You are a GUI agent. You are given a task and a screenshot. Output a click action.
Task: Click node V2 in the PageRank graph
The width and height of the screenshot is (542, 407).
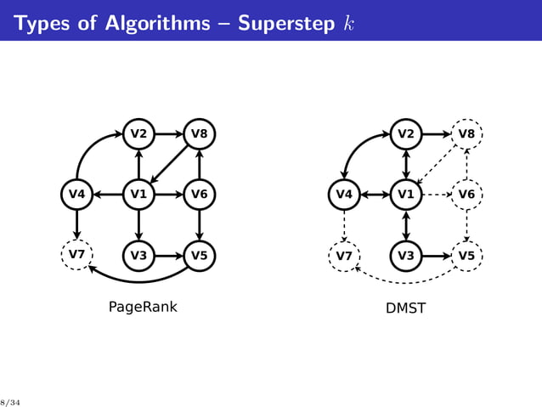tap(138, 134)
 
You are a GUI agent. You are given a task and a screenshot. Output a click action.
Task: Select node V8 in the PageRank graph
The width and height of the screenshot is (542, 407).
tap(199, 134)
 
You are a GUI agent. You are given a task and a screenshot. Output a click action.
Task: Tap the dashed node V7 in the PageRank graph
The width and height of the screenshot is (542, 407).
tap(76, 255)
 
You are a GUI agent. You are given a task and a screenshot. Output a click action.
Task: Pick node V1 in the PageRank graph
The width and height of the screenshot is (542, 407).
tap(138, 195)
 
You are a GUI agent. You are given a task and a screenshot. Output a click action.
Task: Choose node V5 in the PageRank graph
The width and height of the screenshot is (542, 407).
tap(199, 255)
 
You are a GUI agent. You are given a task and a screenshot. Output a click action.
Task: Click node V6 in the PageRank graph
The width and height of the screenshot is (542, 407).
tap(199, 195)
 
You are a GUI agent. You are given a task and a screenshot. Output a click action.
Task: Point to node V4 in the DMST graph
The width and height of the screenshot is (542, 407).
tap(344, 195)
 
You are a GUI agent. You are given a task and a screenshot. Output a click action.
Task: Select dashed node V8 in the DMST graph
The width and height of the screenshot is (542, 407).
tap(466, 134)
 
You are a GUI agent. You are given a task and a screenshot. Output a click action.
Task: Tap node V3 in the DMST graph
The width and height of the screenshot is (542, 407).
tap(405, 255)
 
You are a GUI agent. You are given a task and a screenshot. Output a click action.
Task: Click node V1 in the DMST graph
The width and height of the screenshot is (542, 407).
tap(405, 195)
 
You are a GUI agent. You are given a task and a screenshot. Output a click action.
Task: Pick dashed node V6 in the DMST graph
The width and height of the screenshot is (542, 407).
tap(466, 195)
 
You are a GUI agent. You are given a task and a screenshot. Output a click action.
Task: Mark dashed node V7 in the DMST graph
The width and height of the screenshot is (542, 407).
tap(344, 255)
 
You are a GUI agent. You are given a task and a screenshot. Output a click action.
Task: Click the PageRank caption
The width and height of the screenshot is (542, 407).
tap(143, 307)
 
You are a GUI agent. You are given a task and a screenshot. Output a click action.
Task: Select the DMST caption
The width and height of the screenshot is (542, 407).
tap(405, 308)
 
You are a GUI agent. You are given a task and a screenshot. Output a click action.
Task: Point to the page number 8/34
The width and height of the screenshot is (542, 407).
tap(9, 401)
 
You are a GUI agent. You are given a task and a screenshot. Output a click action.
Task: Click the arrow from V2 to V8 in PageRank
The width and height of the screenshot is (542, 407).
tap(168, 134)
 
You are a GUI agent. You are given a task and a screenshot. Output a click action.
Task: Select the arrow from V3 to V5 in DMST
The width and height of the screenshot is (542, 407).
tap(436, 255)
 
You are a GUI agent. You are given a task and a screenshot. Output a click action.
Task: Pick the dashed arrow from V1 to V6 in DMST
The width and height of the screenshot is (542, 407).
tap(436, 195)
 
